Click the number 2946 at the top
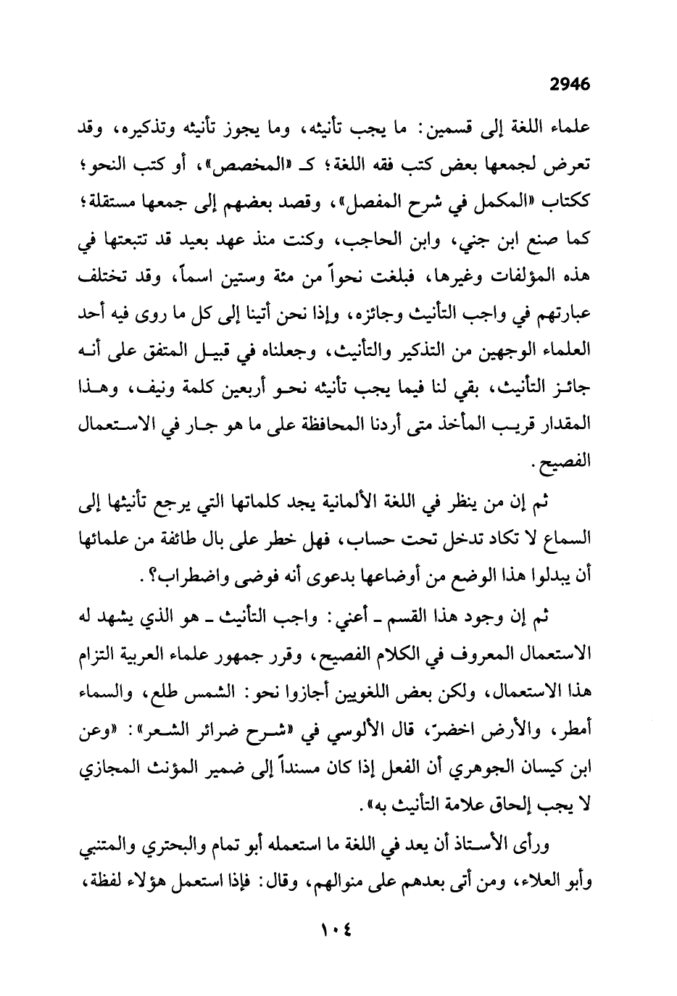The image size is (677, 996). tap(570, 84)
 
